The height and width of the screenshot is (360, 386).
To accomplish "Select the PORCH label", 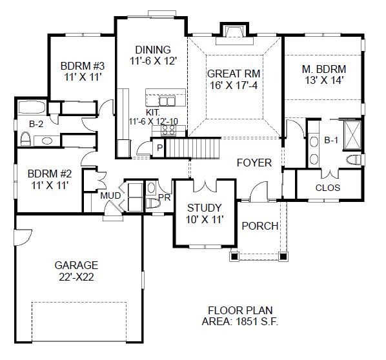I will tap(259, 226).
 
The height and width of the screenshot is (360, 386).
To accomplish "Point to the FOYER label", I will tap(254, 163).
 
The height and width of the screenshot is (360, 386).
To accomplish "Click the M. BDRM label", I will tap(323, 69).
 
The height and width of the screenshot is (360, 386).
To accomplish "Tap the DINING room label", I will tap(152, 50).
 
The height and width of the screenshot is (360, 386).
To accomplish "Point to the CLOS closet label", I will tap(328, 188).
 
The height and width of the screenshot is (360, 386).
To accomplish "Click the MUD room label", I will tap(108, 196).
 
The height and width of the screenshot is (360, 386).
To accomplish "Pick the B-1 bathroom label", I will tap(331, 139).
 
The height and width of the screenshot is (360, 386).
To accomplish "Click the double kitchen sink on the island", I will tap(167, 101).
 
